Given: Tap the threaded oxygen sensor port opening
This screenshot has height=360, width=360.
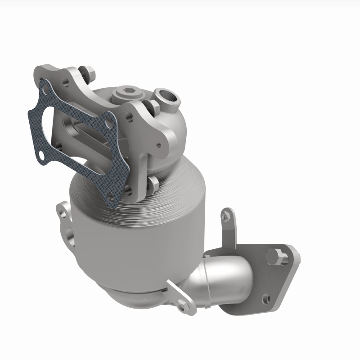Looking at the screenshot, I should tap(164, 95).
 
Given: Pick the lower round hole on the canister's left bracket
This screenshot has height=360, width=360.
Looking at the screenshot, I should tap(68, 234).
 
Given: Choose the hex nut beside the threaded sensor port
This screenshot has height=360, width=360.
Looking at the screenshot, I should tap(152, 106).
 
